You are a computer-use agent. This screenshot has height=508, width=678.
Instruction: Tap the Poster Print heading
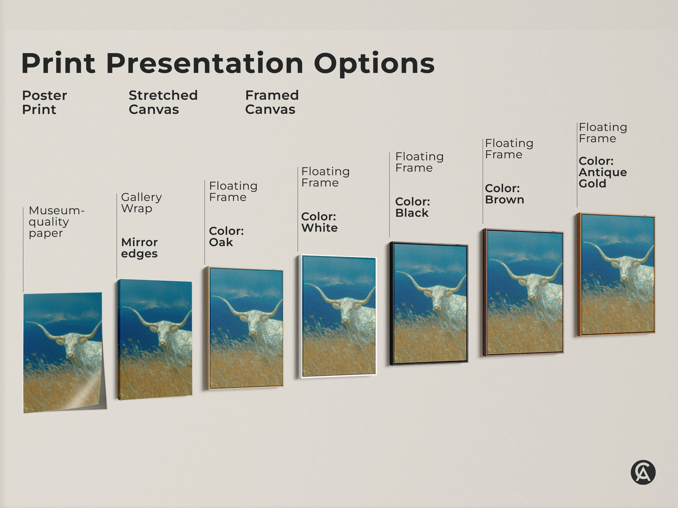pos(44,102)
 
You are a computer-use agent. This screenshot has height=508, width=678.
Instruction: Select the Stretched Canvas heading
pos(163,102)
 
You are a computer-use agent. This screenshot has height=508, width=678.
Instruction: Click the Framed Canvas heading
pos(272,102)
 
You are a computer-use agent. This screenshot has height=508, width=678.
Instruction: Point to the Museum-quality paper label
pos(56,222)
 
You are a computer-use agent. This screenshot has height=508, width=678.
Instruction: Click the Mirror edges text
pos(139,248)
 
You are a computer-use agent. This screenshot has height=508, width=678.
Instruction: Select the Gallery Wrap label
pos(141,203)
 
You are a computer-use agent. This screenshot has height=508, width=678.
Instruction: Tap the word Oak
pos(221,242)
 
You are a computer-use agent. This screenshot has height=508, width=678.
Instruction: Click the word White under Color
pos(319,228)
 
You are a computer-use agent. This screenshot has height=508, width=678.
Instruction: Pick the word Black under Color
pos(412,213)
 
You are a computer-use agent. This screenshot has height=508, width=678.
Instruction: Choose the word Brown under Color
pos(504,200)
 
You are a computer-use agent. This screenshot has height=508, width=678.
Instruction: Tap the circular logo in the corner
pos(643,472)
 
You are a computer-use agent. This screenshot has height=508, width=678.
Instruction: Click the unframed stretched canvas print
pos(155,339)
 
